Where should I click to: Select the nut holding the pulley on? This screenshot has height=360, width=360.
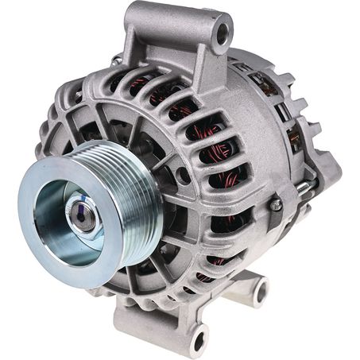tap(81, 210)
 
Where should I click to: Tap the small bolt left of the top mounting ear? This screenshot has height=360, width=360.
tap(117, 60)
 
